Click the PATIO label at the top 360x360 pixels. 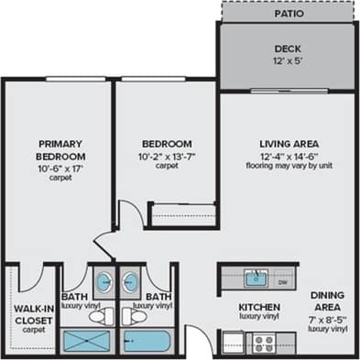coord(289,15)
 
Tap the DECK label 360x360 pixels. coord(289,49)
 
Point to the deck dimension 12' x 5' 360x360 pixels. coord(289,61)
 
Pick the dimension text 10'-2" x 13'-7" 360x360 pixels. coord(166,156)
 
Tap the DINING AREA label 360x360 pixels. coord(327,302)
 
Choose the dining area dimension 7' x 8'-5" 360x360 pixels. coord(327,320)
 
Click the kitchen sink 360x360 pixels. coord(256,278)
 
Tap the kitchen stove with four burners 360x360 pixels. coord(264,344)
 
